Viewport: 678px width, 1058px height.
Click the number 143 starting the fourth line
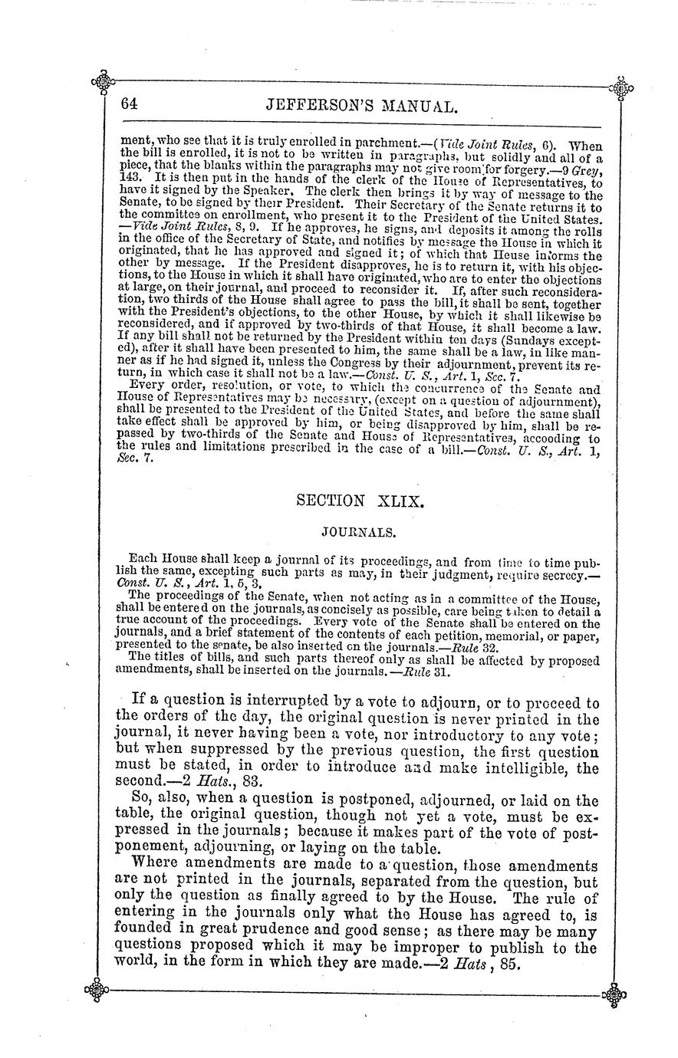click(130, 176)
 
